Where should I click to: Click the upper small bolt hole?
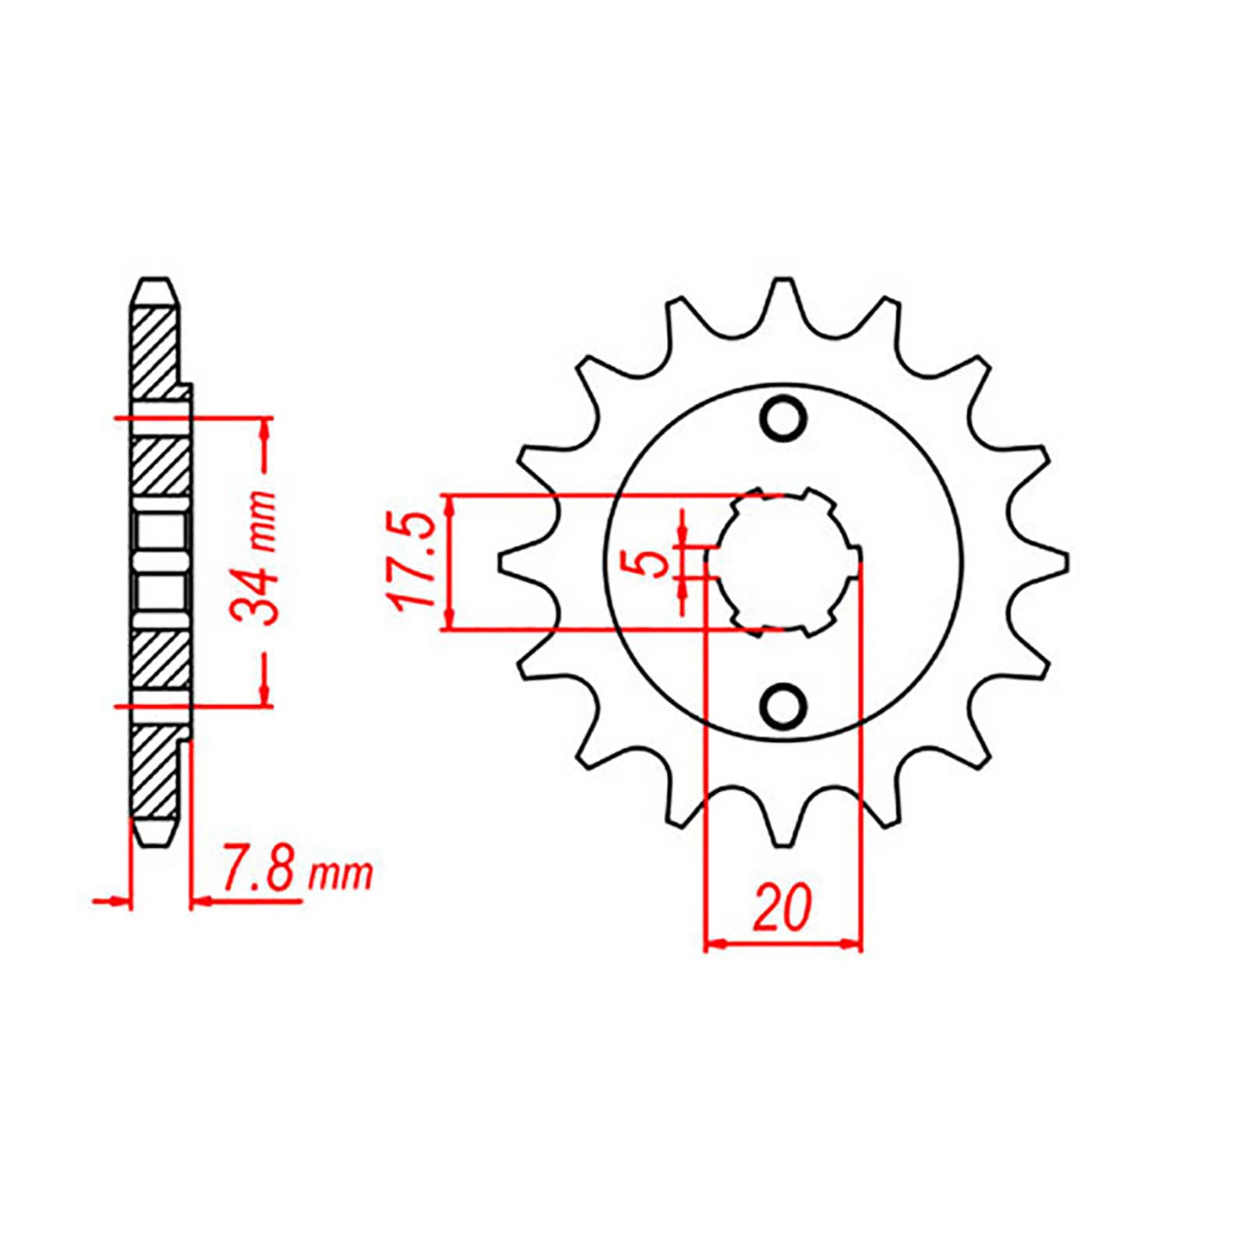782,419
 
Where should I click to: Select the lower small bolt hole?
782,705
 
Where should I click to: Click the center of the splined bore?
782,562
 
